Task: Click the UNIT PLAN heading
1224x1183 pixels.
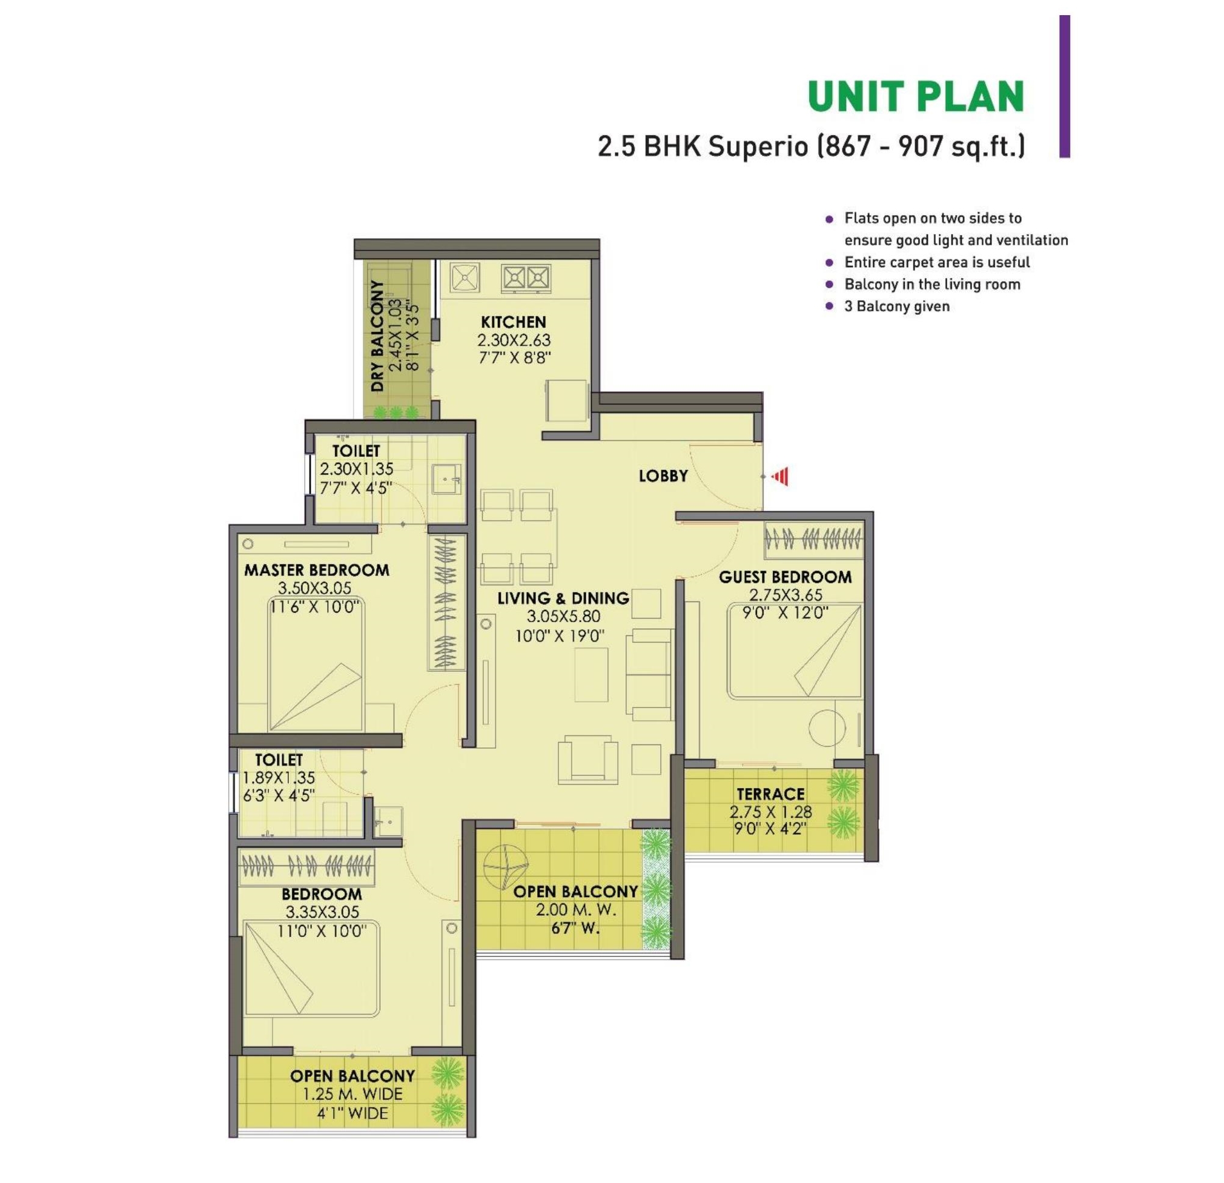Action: point(916,97)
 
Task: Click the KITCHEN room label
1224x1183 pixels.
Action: point(514,322)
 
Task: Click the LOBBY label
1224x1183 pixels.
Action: point(663,476)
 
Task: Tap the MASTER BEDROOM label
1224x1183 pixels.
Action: point(317,569)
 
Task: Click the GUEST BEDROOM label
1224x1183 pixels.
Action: point(785,577)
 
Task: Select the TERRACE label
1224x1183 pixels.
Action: point(770,795)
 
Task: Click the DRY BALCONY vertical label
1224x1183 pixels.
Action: point(377,336)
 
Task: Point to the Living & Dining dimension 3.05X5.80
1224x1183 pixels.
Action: point(563,617)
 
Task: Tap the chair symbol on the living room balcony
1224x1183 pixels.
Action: point(504,867)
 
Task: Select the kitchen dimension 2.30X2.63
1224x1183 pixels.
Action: point(514,340)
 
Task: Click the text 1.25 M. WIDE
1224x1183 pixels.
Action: point(353,1095)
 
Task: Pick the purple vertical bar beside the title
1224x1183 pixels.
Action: point(1065,86)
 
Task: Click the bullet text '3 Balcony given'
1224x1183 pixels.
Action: point(897,306)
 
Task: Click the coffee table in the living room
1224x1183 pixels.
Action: point(590,675)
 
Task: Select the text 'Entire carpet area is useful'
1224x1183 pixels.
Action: point(937,262)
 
